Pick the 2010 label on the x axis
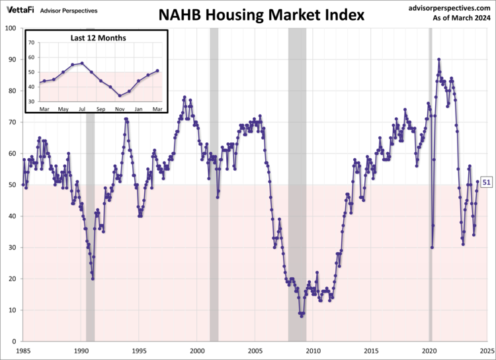click(313, 350)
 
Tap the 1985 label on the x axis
click(23, 350)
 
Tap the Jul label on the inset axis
click(82, 109)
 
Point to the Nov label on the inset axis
click(120, 109)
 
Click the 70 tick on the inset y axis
click(30, 42)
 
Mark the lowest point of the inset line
click(120, 96)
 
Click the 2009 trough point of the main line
click(302, 316)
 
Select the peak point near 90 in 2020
click(438, 60)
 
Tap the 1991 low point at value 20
click(93, 279)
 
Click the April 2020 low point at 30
click(432, 247)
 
